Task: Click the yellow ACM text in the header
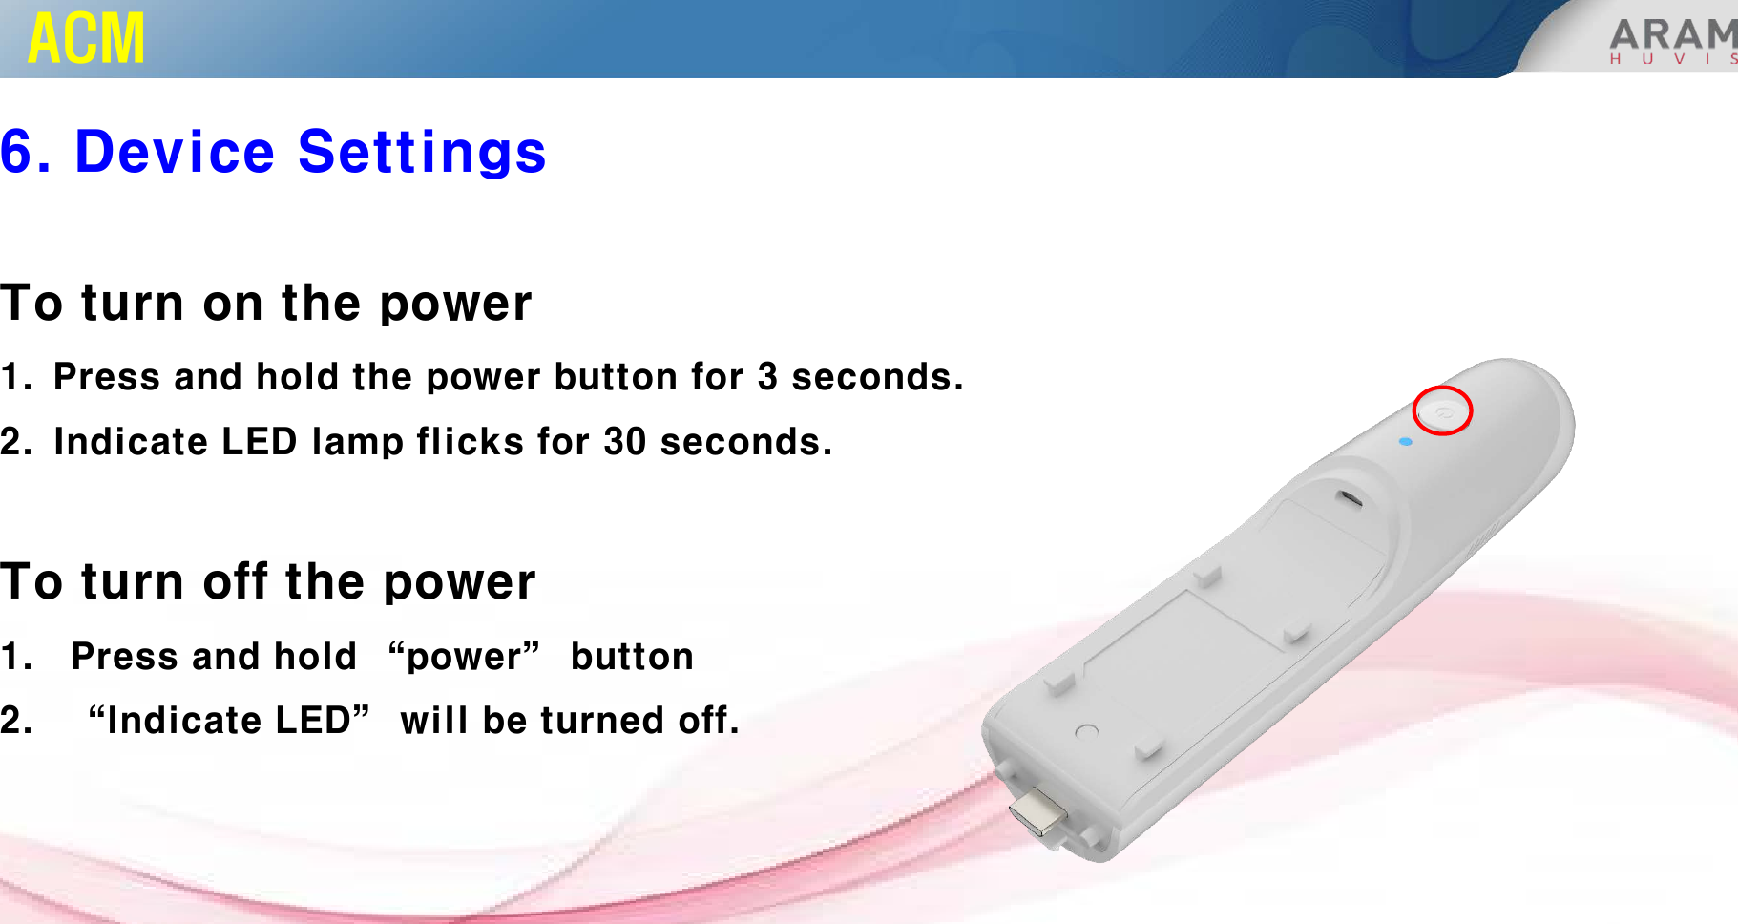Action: click(87, 38)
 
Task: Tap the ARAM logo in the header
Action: click(1673, 41)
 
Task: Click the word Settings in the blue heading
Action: click(422, 153)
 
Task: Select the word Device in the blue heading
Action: click(175, 152)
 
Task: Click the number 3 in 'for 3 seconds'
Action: click(767, 377)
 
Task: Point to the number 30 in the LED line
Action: click(625, 442)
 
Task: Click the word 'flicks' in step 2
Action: click(470, 442)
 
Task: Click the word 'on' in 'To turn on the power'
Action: click(233, 304)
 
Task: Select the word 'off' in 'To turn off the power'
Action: click(236, 581)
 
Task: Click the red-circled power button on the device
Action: click(1442, 411)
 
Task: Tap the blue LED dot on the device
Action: click(1405, 442)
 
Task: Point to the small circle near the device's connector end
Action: click(1086, 732)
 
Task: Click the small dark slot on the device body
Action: click(1349, 498)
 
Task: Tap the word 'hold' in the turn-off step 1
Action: click(315, 657)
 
